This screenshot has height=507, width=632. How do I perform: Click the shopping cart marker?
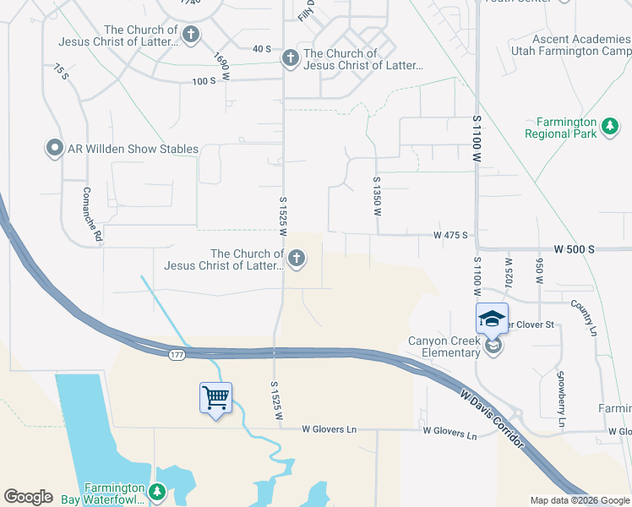click(x=216, y=397)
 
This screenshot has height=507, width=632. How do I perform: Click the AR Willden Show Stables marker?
click(x=55, y=149)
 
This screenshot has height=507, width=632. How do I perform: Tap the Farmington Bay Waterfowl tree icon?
click(x=156, y=491)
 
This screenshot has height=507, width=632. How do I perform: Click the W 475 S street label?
click(x=450, y=235)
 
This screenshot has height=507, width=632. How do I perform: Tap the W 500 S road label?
click(x=575, y=250)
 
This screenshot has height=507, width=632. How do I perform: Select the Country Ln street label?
click(x=583, y=316)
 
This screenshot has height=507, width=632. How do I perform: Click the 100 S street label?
click(x=204, y=81)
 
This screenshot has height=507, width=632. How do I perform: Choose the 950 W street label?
click(x=538, y=268)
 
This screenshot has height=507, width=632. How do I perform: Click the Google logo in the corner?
click(x=28, y=497)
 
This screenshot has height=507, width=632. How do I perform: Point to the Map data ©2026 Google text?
click(x=579, y=500)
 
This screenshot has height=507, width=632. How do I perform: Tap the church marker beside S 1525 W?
click(x=296, y=259)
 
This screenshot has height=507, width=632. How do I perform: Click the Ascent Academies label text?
click(x=581, y=40)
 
